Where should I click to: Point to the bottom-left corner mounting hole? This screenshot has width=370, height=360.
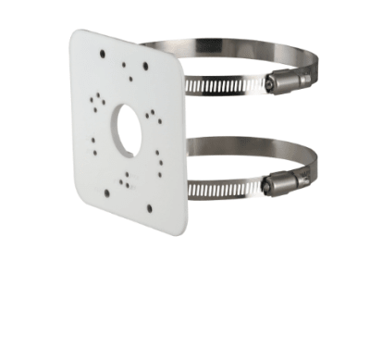pos(105,193)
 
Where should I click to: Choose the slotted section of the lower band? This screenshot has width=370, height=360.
pos(227,189)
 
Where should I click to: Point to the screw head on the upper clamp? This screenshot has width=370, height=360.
pos(269,85)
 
